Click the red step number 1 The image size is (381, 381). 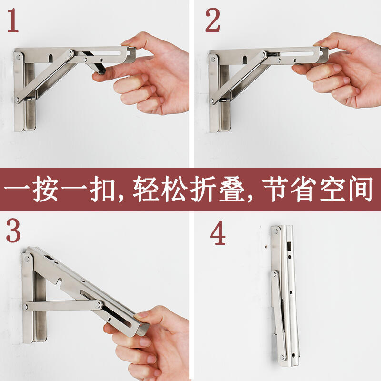coord(13,20)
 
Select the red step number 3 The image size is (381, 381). coord(13,231)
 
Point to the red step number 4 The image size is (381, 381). coord(218,232)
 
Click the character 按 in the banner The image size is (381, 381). coord(45,189)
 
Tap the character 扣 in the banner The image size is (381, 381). coord(102,189)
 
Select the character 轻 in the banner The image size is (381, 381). coord(145,189)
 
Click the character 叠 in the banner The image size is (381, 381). coord(231,189)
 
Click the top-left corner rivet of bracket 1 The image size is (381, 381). coord(18,57)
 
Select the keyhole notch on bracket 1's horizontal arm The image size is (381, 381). coord(50,58)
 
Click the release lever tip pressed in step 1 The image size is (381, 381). coord(101,70)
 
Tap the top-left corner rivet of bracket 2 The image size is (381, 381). coord(213,59)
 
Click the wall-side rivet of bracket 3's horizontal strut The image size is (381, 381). coord(25,307)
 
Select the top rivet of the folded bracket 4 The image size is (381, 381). coord(276,231)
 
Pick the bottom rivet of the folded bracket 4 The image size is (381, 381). coord(282,357)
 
